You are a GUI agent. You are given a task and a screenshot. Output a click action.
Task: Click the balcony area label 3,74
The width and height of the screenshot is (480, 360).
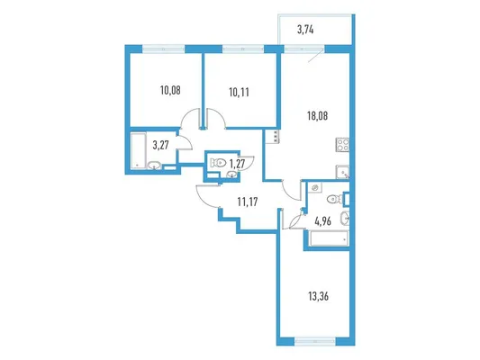[305, 30]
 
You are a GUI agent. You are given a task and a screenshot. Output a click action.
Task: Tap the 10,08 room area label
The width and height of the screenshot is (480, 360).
[170, 90]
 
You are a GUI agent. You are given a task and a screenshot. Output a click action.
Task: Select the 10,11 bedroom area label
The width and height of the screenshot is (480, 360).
[239, 92]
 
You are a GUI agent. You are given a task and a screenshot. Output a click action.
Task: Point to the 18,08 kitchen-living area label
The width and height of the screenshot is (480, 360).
[318, 116]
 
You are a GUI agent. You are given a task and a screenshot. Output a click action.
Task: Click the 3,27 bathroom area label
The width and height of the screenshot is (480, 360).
[160, 145]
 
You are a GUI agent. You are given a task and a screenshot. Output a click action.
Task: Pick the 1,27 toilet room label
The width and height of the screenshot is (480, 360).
[237, 164]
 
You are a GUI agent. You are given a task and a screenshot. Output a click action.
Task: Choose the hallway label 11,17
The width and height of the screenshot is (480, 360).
[248, 202]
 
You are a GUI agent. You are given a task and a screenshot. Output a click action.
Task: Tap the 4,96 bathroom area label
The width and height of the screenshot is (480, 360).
[323, 220]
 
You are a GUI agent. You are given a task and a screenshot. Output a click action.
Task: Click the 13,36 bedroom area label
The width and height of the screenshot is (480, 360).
[319, 296]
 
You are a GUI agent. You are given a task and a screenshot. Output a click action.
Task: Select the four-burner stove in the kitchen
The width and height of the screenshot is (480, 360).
[342, 145]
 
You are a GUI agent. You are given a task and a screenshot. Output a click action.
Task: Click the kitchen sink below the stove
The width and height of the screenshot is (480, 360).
[342, 172]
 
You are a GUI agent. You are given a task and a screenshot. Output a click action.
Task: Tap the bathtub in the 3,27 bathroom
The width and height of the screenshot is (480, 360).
[138, 150]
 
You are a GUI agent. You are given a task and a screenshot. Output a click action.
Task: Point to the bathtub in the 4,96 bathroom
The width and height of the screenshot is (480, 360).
[329, 238]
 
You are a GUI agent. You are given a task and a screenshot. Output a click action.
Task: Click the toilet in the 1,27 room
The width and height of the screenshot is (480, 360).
[218, 162]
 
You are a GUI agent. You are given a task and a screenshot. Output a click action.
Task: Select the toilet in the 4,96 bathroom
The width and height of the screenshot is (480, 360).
[335, 200]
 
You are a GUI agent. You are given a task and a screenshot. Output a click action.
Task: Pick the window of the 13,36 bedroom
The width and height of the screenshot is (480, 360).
[315, 341]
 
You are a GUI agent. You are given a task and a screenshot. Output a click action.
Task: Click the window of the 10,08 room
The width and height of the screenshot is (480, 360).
[164, 49]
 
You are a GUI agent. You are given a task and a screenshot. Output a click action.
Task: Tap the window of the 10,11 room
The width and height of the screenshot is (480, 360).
[243, 49]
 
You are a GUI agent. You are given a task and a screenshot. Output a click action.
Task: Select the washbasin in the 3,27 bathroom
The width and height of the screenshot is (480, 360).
[154, 166]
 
